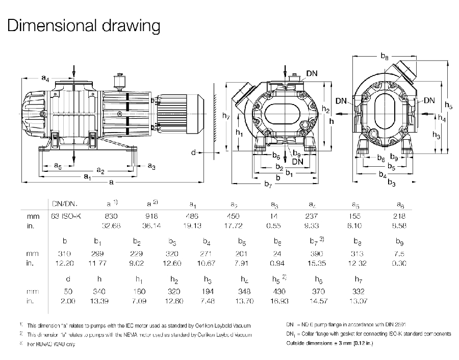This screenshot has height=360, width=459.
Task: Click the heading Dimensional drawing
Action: tap(84, 25)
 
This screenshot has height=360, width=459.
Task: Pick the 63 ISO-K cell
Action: tap(66, 216)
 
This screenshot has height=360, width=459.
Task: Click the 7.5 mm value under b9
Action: tap(400, 253)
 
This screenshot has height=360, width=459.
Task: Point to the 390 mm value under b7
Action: tap(317, 253)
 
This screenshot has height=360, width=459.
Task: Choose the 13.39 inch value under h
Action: tap(99, 301)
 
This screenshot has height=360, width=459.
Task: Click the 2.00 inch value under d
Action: tap(68, 301)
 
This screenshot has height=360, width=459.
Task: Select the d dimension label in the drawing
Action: tap(194, 152)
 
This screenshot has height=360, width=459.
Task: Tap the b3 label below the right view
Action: tap(392, 183)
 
